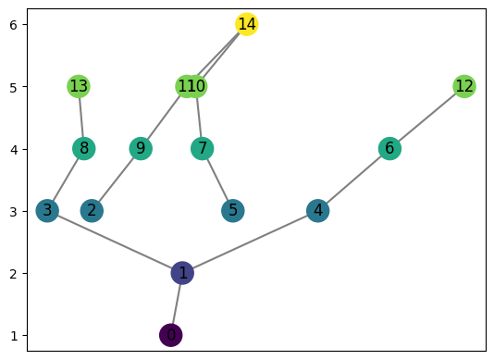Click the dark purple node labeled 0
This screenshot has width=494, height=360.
(170, 335)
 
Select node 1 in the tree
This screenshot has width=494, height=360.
(183, 273)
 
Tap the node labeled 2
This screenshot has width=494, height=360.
(91, 211)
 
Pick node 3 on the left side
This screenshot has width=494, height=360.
(47, 211)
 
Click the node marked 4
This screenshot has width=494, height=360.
(318, 211)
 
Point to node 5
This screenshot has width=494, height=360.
(233, 211)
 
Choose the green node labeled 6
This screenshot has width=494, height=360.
(389, 149)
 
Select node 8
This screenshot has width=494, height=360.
(84, 149)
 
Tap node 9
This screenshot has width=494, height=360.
(141, 149)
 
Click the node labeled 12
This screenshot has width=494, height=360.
(464, 87)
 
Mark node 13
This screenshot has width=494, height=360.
(79, 87)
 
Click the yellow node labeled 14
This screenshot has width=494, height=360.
(246, 24)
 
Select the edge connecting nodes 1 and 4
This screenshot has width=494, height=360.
(251, 242)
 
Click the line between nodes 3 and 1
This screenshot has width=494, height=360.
(115, 242)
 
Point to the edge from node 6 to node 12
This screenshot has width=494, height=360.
(426, 118)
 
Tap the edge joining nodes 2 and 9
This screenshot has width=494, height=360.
(116, 180)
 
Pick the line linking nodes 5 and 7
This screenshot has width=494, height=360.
(218, 180)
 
